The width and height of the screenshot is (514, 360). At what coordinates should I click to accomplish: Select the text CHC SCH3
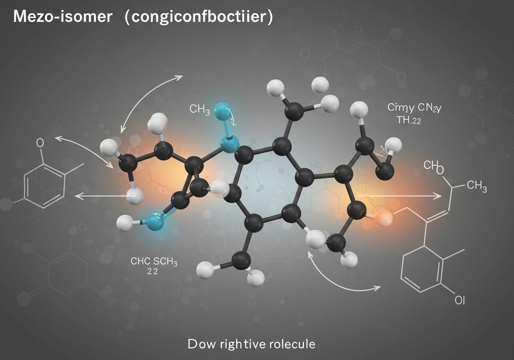[x=154, y=262]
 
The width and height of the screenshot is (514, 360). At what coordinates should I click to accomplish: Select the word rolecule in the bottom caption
[x=292, y=344]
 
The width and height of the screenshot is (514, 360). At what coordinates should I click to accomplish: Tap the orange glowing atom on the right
[x=383, y=218]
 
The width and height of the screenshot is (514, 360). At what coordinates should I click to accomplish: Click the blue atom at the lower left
[x=155, y=221]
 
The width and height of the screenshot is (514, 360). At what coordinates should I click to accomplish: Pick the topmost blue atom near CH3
[x=223, y=110]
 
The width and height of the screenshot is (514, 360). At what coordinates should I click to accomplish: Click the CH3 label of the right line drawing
[x=477, y=186]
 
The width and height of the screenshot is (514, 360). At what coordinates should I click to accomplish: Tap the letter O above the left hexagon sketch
[x=40, y=143]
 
